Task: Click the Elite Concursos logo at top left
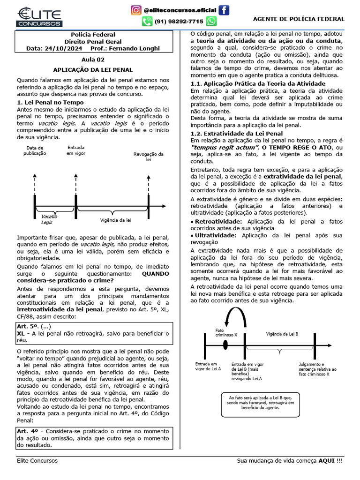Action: coord(39,16)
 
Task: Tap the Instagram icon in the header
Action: coord(135,10)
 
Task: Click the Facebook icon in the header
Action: coord(225,10)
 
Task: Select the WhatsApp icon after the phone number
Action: coord(211,22)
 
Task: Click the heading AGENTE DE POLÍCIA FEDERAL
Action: coord(299,19)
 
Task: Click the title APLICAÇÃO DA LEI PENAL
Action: coord(93,69)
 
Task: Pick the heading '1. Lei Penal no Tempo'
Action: coord(50,102)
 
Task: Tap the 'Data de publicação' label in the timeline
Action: coord(35,150)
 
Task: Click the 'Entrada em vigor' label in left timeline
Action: coord(75,150)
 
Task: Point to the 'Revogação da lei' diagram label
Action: coord(149,157)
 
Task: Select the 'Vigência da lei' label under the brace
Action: coord(115,220)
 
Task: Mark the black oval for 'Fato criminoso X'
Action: coord(225,345)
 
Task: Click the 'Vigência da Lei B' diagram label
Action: coord(282,333)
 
